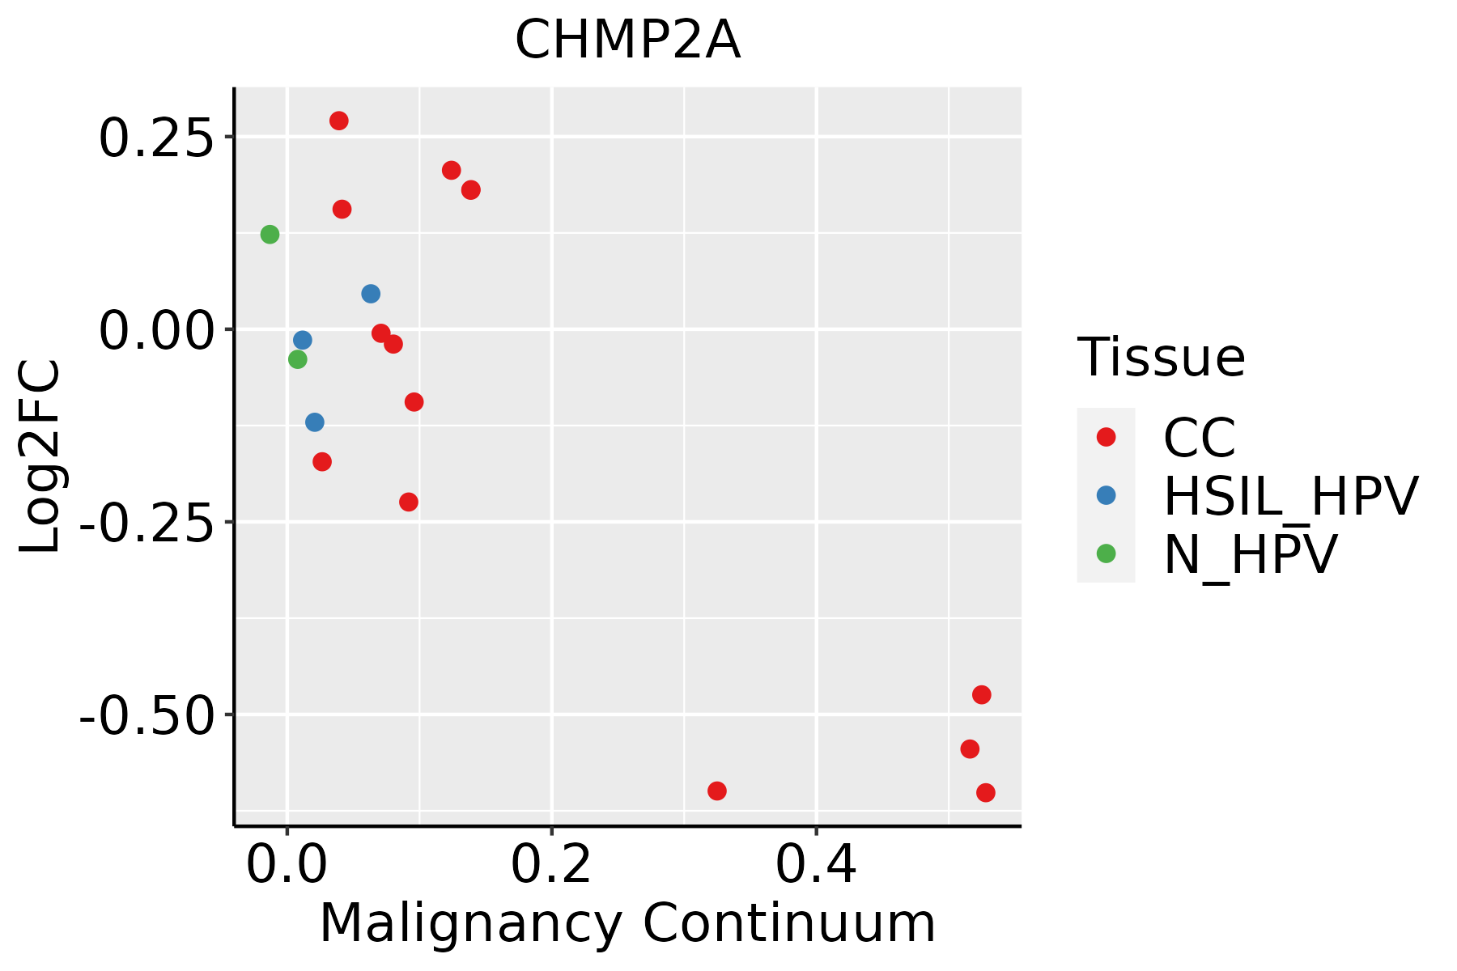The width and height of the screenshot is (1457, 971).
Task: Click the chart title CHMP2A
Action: pos(627,40)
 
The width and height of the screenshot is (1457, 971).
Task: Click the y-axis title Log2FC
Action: pos(40,456)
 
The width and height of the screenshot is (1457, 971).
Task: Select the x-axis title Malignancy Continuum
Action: pos(627,924)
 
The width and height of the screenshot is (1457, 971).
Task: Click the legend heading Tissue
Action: pos(1161,358)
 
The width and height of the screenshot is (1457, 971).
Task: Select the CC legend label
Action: pos(1199,439)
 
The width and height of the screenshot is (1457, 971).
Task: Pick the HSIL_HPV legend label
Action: pos(1290,497)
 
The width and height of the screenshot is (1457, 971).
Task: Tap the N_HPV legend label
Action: pos(1250,555)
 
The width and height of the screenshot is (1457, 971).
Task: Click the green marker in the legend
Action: pos(1106,553)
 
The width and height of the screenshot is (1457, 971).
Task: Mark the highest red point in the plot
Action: pos(339,121)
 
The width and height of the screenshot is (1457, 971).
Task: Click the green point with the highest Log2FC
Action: pos(270,235)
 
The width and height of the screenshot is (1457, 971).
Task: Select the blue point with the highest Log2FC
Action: pos(371,294)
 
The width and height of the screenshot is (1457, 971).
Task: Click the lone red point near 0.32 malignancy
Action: pos(717,791)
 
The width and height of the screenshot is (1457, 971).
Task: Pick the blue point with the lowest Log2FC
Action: pos(315,422)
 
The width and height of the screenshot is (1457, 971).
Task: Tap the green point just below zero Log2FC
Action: pos(298,359)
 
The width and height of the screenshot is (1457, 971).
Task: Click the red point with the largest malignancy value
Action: pos(985,792)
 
